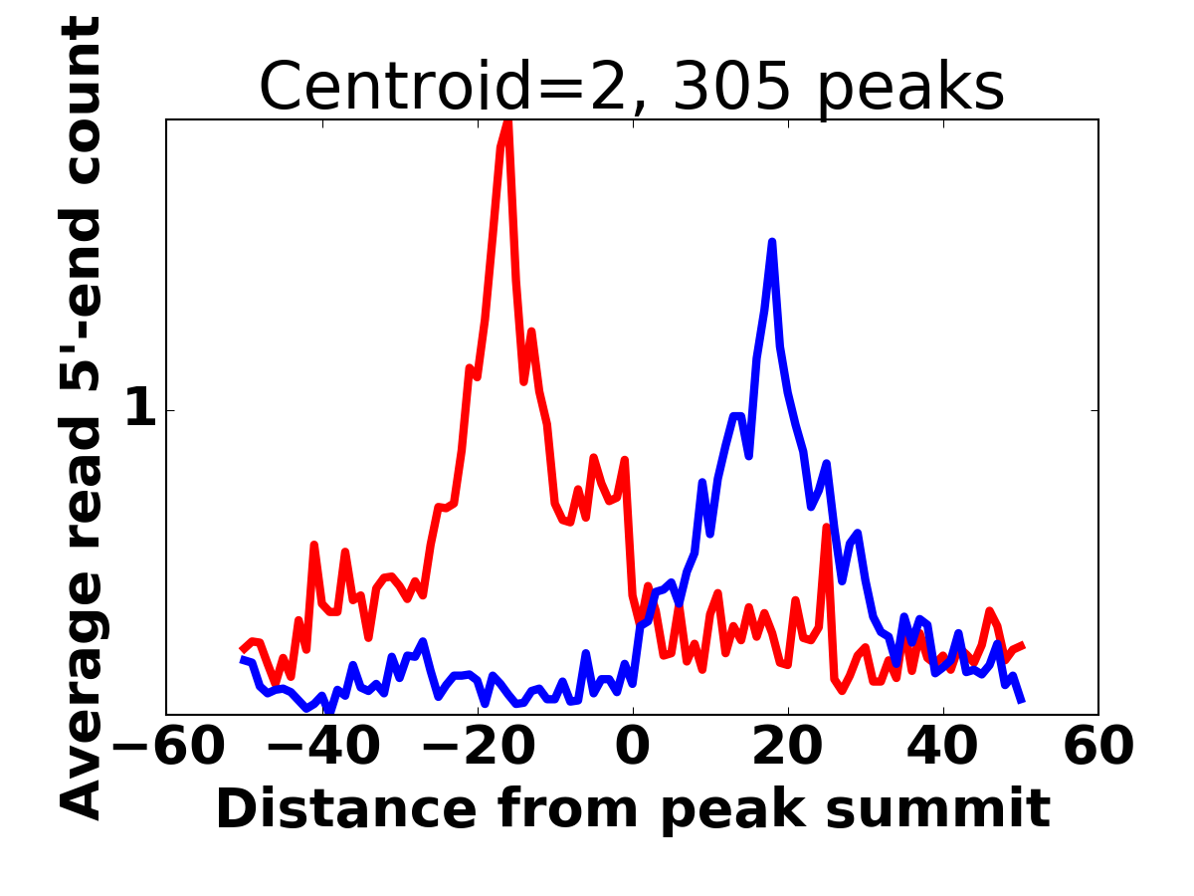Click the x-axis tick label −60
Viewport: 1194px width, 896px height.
[168, 747]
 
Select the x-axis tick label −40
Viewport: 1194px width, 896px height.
[323, 747]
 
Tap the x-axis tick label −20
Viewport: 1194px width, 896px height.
[479, 747]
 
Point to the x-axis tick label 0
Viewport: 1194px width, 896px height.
[633, 747]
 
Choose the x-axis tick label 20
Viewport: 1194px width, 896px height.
[788, 747]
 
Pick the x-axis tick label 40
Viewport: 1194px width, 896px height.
[942, 747]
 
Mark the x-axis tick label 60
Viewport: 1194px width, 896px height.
[1098, 747]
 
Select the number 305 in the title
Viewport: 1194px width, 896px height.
[731, 87]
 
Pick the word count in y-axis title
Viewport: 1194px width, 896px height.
[81, 101]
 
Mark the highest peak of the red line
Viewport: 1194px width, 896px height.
[508, 121]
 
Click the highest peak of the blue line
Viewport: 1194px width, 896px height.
[772, 242]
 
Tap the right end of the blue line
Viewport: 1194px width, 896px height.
[1022, 702]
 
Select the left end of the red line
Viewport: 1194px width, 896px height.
[242, 649]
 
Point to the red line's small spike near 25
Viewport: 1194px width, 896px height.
[826, 528]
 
